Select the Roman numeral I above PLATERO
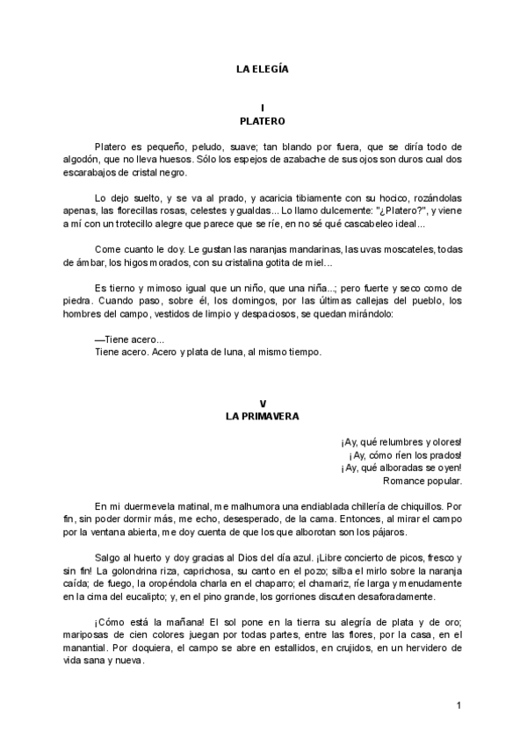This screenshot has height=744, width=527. pyautogui.click(x=263, y=107)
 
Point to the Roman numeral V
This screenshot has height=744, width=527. pyautogui.click(x=263, y=404)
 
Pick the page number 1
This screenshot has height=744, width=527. pyautogui.click(x=458, y=705)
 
